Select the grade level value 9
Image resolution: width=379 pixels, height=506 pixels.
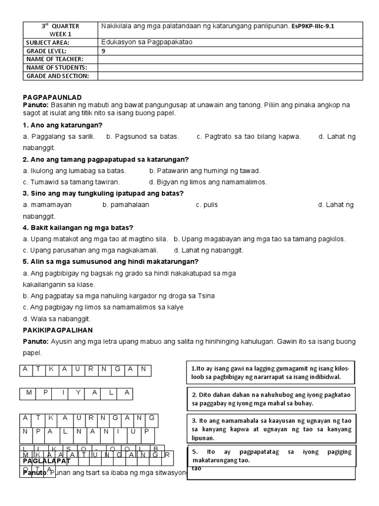pyautogui.click(x=103, y=51)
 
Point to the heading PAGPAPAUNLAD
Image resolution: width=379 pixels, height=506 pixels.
pyautogui.click(x=52, y=97)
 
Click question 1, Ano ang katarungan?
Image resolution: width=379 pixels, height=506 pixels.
pyautogui.click(x=63, y=125)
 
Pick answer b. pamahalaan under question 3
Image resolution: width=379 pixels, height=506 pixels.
pyautogui.click(x=126, y=205)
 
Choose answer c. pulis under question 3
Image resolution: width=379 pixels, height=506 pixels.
pyautogui.click(x=207, y=205)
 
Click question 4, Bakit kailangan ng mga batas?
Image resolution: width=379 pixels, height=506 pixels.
pyautogui.click(x=78, y=227)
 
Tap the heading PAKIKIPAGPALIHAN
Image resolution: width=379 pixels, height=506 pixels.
pyautogui.click(x=58, y=330)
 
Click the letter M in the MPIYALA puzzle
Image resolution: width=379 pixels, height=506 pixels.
pyautogui.click(x=29, y=393)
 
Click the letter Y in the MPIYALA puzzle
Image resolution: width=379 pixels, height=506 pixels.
pyautogui.click(x=77, y=393)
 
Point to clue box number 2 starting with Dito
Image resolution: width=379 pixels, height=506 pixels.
pyautogui.click(x=270, y=399)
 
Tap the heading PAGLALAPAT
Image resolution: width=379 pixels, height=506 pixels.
pyautogui.click(x=47, y=461)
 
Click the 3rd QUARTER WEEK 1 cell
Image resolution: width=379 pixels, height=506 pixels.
pyautogui.click(x=60, y=30)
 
